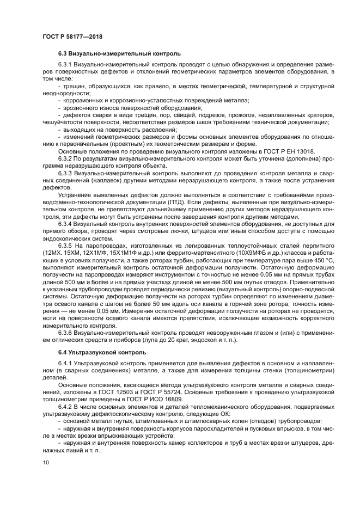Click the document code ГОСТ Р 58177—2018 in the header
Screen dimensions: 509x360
click(x=72, y=36)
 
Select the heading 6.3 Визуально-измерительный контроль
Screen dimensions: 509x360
click(x=119, y=54)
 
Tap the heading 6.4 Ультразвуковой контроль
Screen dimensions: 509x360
click(x=102, y=353)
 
